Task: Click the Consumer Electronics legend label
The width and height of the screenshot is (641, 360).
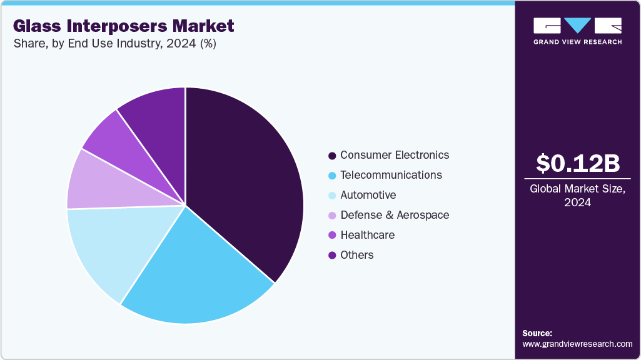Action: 395,155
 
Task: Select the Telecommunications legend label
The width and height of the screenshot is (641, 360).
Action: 391,175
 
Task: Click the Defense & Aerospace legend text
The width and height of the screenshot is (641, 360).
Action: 395,215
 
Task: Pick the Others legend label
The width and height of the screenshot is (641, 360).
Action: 356,255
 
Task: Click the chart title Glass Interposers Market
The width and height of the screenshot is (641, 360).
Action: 123,26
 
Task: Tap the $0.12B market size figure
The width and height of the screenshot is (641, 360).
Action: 578,163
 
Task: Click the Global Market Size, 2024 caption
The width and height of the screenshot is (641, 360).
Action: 578,195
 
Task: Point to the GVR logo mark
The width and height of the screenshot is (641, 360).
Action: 577,26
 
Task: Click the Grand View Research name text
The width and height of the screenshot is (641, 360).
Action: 577,42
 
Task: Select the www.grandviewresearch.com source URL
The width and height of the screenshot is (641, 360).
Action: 577,344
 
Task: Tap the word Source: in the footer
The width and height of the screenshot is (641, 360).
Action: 537,333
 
